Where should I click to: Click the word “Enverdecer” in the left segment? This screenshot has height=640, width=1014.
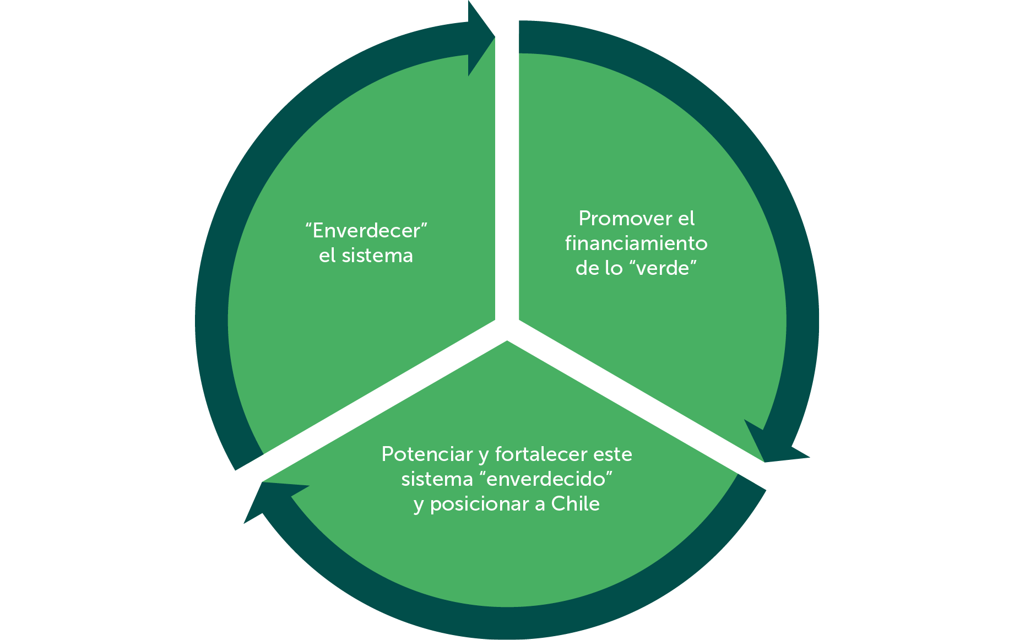click(366, 231)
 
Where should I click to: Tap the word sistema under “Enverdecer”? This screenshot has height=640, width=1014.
click(377, 256)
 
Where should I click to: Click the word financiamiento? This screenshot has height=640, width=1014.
click(636, 243)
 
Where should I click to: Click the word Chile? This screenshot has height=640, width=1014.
click(576, 504)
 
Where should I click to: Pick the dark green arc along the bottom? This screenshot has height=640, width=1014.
click(507, 622)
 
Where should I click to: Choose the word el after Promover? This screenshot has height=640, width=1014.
click(686, 219)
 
